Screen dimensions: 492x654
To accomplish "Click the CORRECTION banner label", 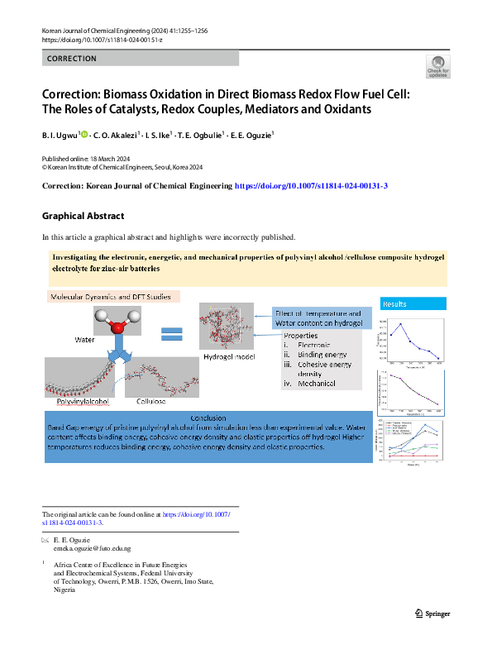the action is point(72,59).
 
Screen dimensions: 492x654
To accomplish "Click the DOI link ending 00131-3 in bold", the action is point(312,187).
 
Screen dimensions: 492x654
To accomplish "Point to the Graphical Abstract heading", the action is point(83,217).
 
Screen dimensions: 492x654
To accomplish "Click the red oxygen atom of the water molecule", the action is point(117,327).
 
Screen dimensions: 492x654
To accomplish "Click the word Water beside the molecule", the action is point(85,340).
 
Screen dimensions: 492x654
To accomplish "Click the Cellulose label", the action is point(150,401).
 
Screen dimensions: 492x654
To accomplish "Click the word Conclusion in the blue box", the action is point(208,418).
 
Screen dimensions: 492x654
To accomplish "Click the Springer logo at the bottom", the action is point(432,613).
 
